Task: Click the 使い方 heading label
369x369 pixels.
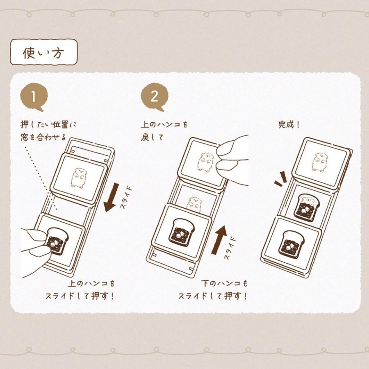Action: tap(43, 52)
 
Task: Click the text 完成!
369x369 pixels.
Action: tap(289, 125)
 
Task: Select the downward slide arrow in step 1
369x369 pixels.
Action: tap(111, 198)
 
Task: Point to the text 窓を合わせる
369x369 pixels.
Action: tap(43, 137)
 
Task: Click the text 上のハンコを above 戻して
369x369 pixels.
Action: tap(164, 124)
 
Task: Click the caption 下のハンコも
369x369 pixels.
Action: tap(225, 283)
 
